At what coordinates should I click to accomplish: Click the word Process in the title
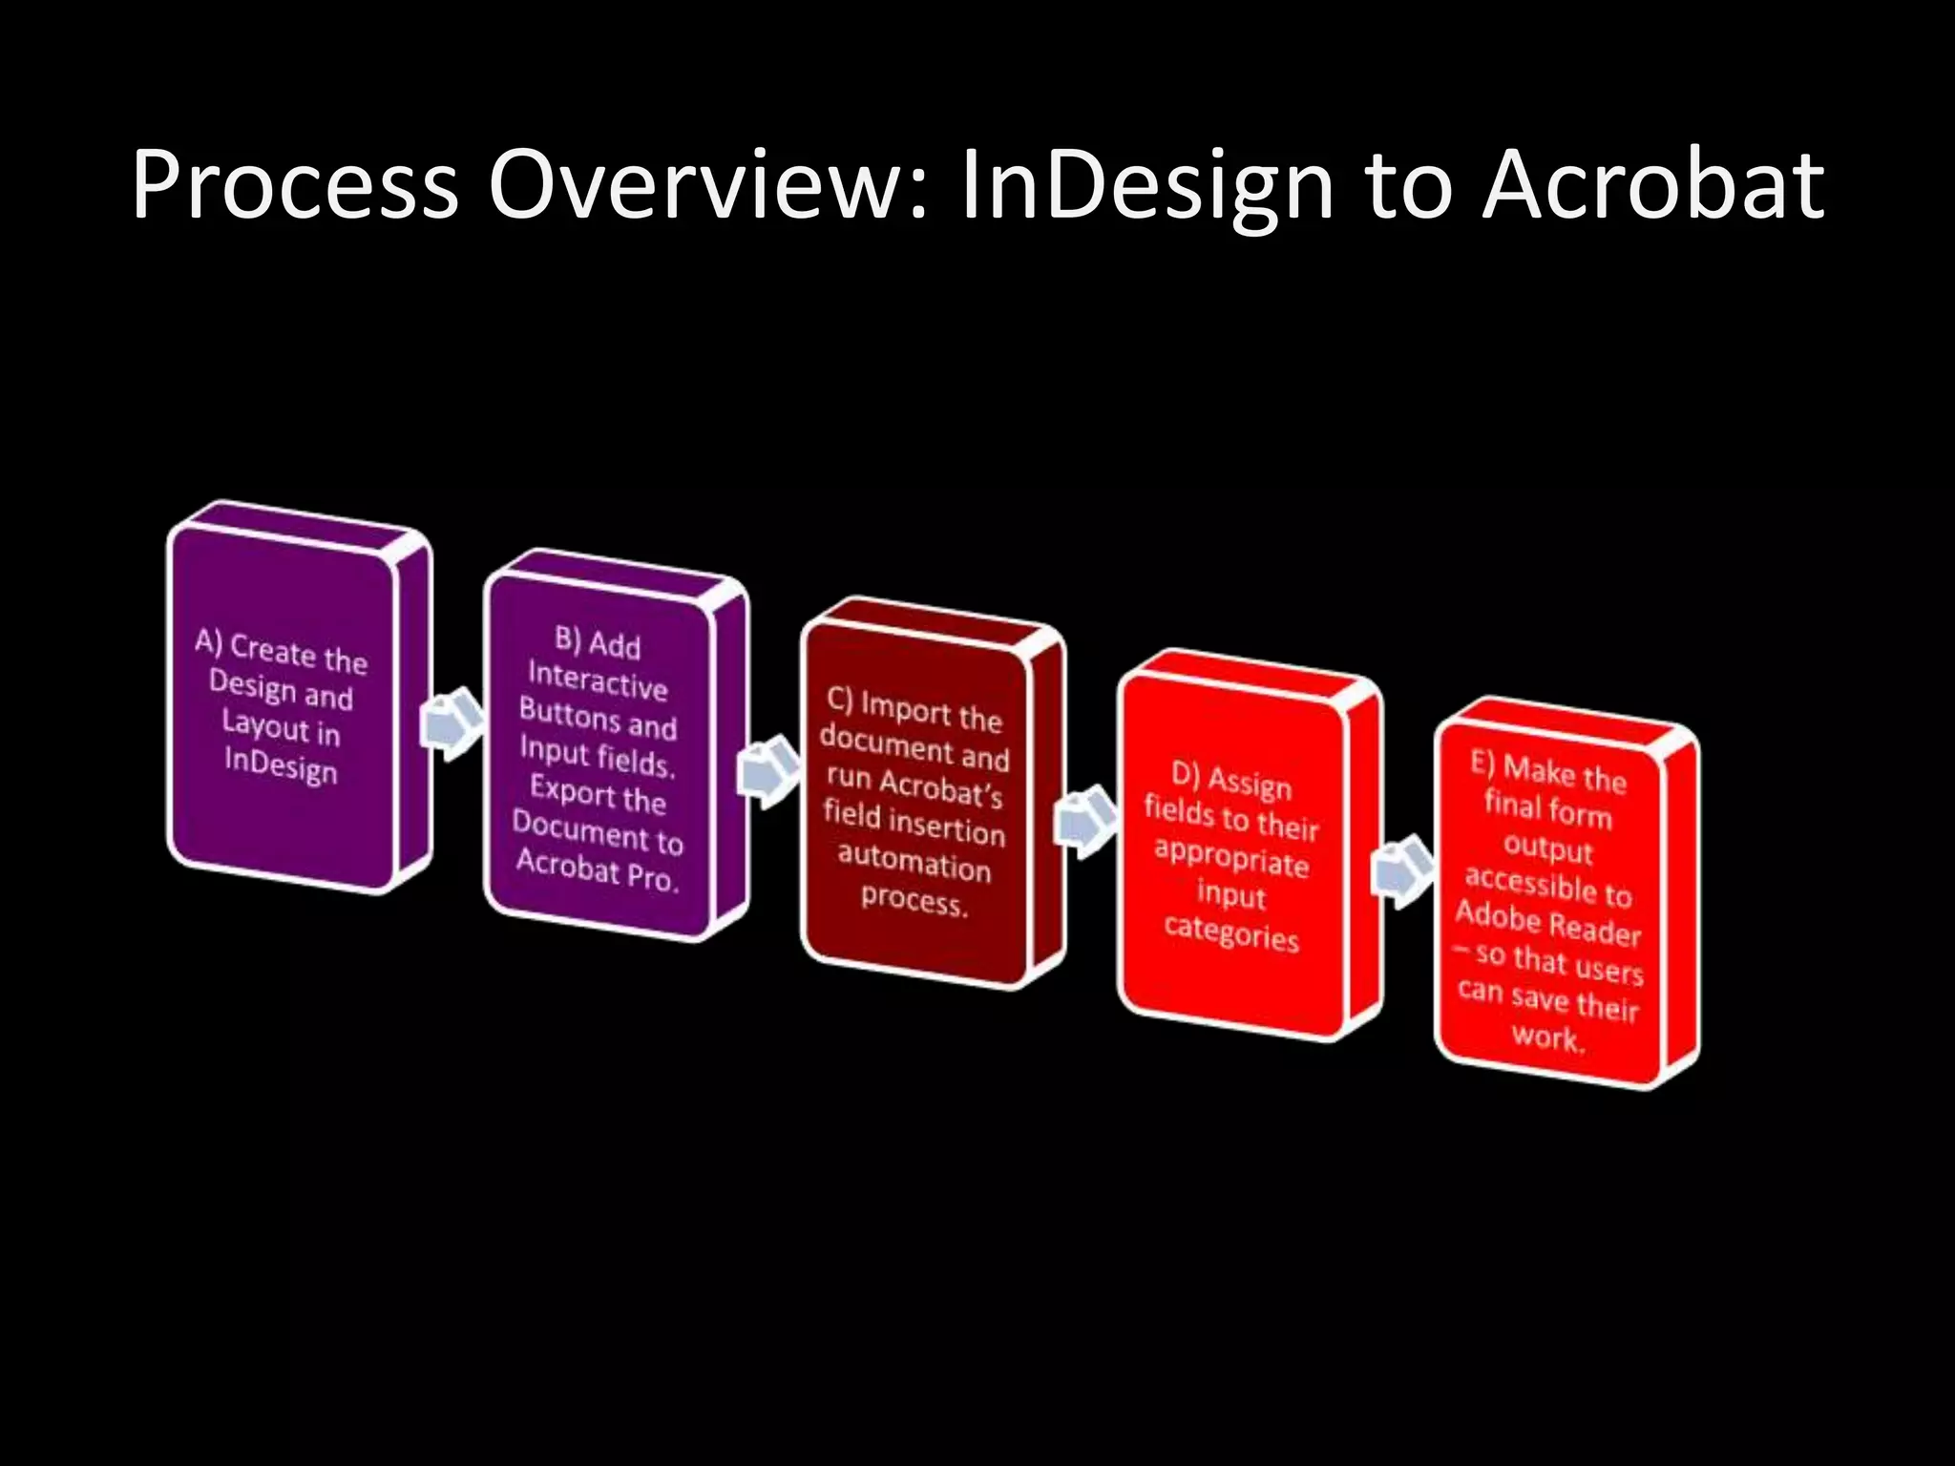coord(296,186)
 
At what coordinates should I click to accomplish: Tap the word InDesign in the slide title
coord(1146,186)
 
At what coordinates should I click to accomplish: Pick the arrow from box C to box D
coord(1085,820)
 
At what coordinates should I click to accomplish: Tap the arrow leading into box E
coord(1402,870)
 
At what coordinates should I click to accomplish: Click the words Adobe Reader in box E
coord(1547,922)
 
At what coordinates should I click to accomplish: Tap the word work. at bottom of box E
coord(1547,1037)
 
